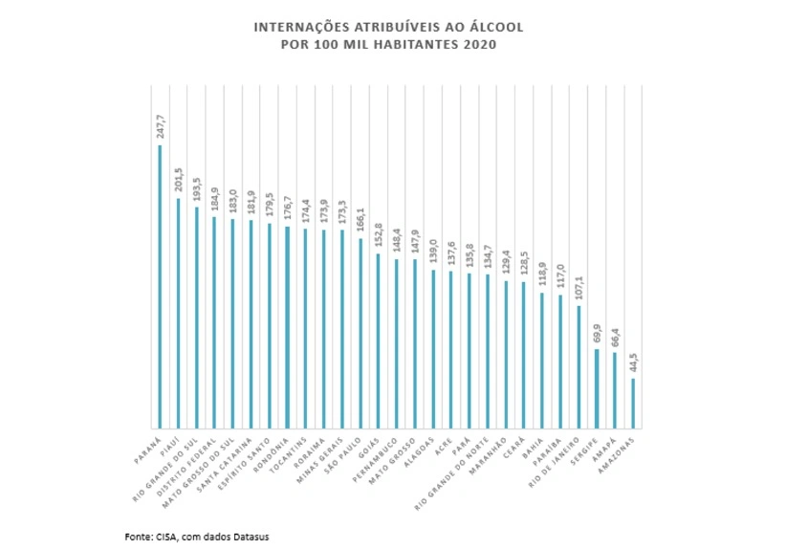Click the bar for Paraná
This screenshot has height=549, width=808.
coord(160,287)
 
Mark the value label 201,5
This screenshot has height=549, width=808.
coord(178,181)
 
